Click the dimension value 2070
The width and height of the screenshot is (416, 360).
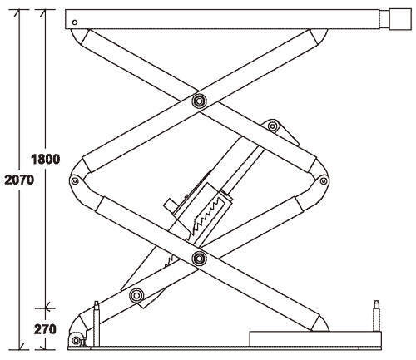click(19, 180)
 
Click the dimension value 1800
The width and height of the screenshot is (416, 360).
click(45, 160)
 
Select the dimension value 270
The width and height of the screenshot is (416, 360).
click(45, 329)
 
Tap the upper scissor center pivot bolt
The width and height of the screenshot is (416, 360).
click(199, 101)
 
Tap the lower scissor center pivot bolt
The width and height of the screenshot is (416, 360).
click(199, 259)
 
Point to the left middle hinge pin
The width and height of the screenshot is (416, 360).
click(74, 181)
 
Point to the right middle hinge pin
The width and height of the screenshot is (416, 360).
click(324, 181)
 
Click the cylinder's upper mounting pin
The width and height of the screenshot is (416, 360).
click(273, 126)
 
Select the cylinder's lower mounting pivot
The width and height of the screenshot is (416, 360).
click(136, 295)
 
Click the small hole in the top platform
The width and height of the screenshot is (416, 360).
click(75, 22)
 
